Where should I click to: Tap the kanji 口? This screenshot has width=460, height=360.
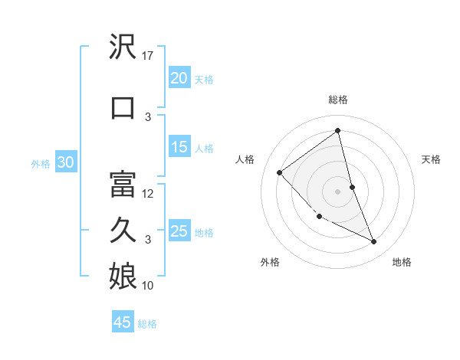coord(123,108)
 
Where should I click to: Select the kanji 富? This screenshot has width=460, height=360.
coord(123,185)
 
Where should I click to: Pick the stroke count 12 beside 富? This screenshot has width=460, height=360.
coord(149,194)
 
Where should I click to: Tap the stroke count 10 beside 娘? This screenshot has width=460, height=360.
coord(149,286)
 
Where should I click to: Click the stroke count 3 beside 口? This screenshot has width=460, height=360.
coord(149,117)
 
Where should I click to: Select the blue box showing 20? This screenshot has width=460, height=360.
coord(179,78)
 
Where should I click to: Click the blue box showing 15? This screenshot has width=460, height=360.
coord(179,148)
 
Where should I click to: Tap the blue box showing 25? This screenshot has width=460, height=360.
coord(179,231)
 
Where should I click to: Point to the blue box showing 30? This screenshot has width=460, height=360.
coord(65,162)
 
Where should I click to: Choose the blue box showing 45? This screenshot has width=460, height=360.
coord(123,322)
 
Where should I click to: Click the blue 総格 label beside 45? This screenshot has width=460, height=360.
coord(147,324)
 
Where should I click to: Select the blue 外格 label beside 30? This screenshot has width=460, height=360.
coord(41,163)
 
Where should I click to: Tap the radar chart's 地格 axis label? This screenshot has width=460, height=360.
coord(402,262)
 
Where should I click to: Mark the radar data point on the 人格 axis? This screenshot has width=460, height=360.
coord(280,172)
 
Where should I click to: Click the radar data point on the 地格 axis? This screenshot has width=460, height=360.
coord(374,242)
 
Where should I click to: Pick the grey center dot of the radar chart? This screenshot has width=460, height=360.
coord(337,191)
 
